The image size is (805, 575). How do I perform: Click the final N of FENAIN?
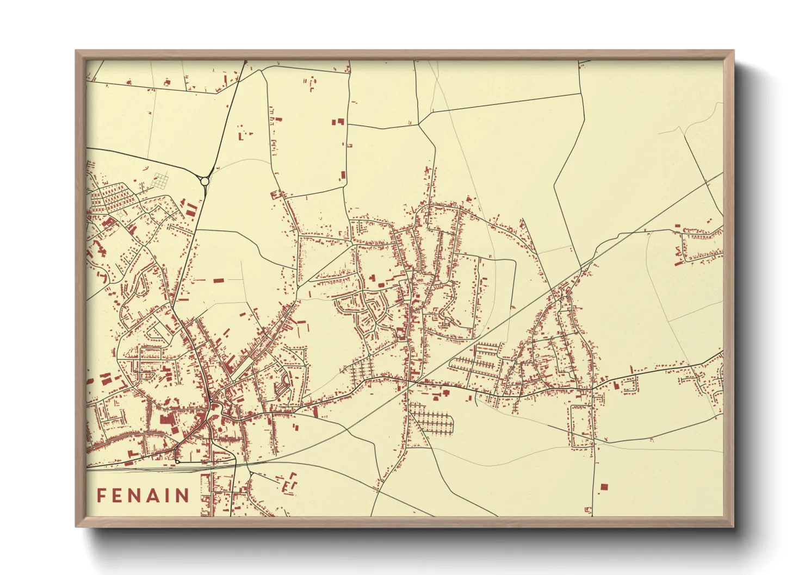pos(183,496)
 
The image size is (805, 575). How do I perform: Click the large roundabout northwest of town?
pos(205,181)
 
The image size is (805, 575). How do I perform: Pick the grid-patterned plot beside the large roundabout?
pos(161,181)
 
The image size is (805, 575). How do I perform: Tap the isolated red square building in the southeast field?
pos(603,487)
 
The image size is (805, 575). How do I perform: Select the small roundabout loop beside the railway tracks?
pos(177,461)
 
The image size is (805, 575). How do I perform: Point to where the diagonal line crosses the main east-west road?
pos(412,383)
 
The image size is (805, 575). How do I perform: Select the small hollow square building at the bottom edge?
pos(588,510)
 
